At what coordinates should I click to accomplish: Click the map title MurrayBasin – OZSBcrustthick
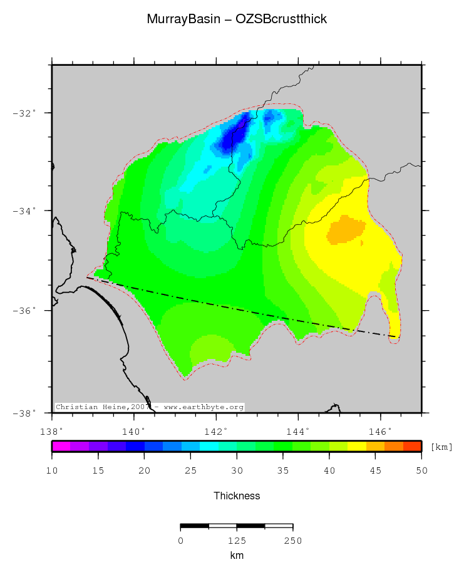(x=237, y=19)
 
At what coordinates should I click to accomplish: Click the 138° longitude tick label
(x=51, y=431)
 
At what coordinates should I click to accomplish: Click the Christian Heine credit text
(x=150, y=407)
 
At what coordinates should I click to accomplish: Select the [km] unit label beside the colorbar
(x=441, y=447)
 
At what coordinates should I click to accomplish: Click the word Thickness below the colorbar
(x=237, y=496)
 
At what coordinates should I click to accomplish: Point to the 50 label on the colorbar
(x=421, y=471)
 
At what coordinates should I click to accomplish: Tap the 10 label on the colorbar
(x=52, y=471)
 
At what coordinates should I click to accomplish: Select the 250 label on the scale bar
(x=293, y=540)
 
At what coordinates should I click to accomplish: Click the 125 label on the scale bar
(x=237, y=540)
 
